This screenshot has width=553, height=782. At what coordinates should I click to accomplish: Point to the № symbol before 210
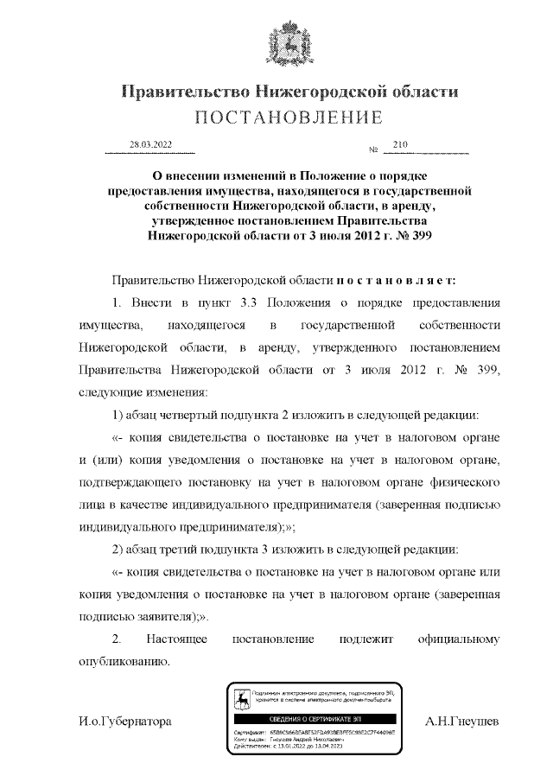click(374, 151)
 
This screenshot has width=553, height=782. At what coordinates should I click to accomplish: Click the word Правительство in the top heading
click(179, 92)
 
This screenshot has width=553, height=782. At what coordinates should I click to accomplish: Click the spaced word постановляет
click(396, 280)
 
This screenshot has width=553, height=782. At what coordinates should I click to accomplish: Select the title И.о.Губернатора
click(124, 721)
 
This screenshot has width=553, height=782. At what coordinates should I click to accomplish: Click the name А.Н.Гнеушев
click(461, 721)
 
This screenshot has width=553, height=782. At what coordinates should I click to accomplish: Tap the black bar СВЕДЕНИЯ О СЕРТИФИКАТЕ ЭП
click(315, 719)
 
